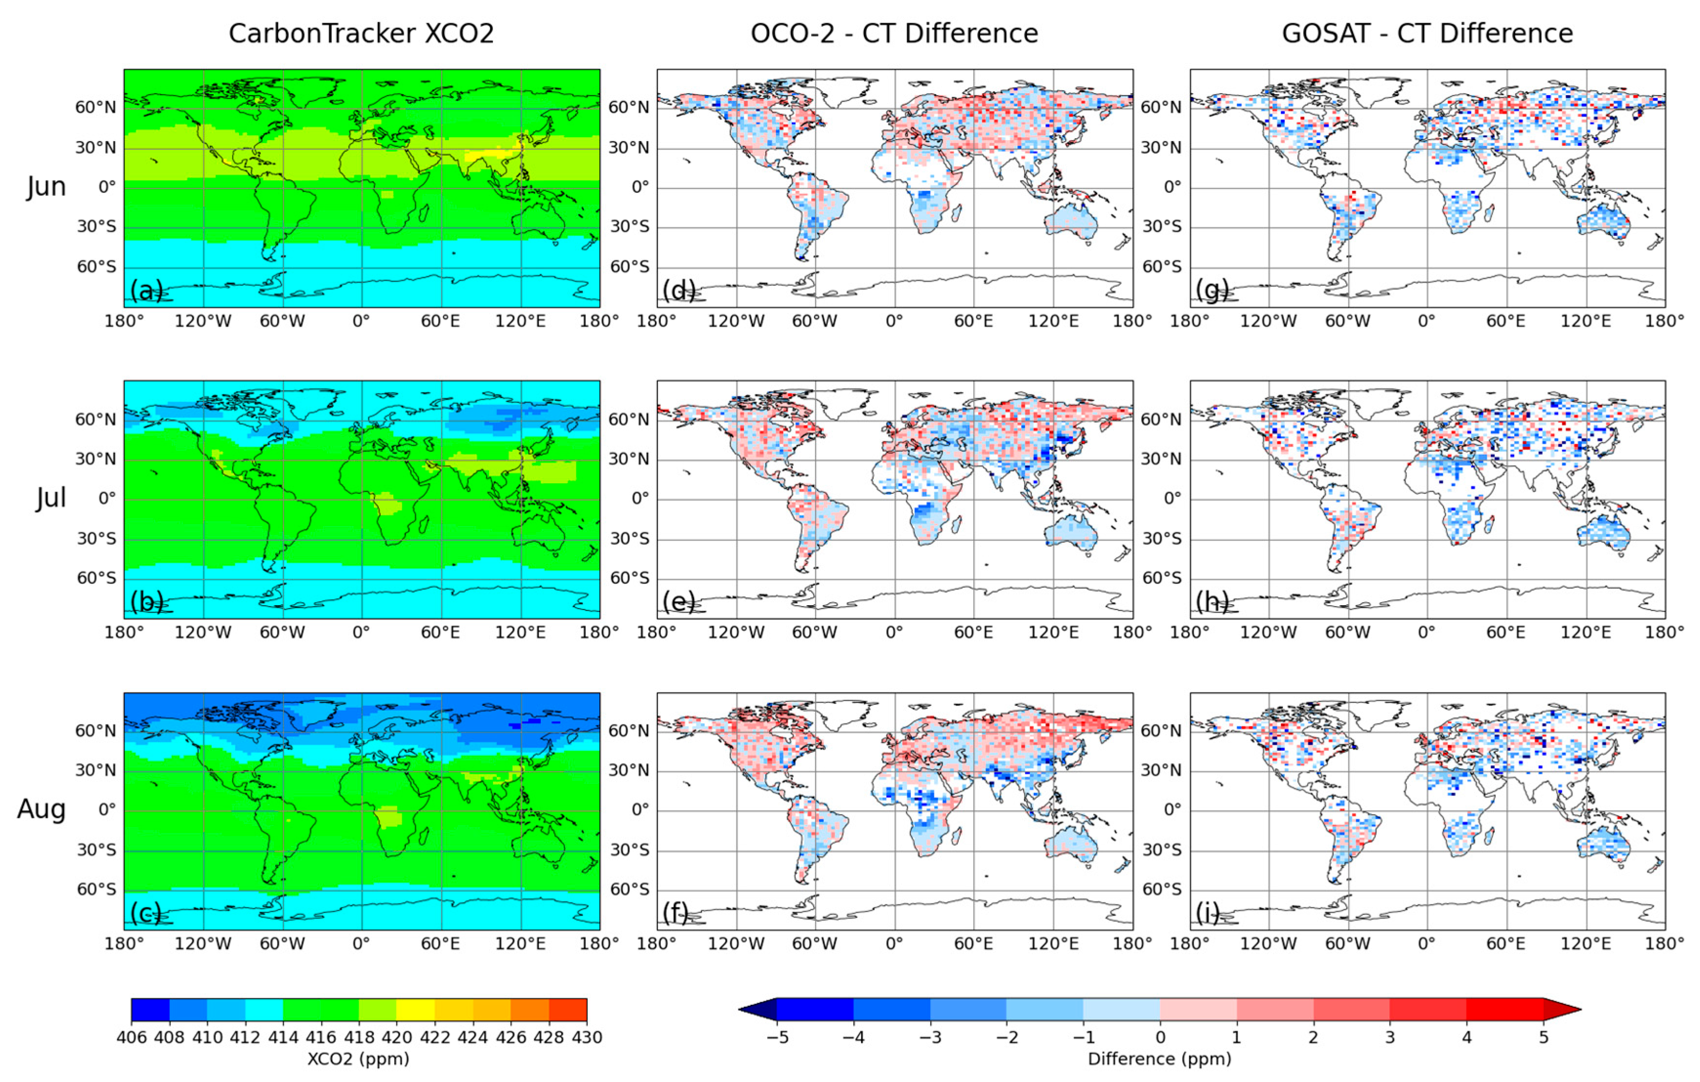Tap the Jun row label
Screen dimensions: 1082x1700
tap(46, 187)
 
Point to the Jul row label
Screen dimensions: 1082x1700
tap(51, 498)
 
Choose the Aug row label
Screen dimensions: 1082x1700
tap(41, 810)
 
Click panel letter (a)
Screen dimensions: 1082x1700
tap(146, 290)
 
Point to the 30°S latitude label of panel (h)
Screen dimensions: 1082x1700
tap(1161, 538)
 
